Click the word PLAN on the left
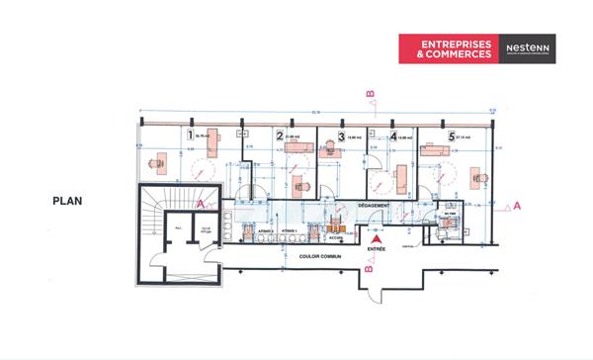[67, 201]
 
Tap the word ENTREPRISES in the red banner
[455, 45]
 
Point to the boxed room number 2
[281, 136]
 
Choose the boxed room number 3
[341, 136]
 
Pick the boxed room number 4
[393, 136]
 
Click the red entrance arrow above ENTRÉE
[374, 238]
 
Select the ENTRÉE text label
[375, 249]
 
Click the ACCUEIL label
[336, 237]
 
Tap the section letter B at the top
[370, 94]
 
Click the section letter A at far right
[518, 205]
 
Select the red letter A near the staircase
[201, 202]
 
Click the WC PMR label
[448, 214]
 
